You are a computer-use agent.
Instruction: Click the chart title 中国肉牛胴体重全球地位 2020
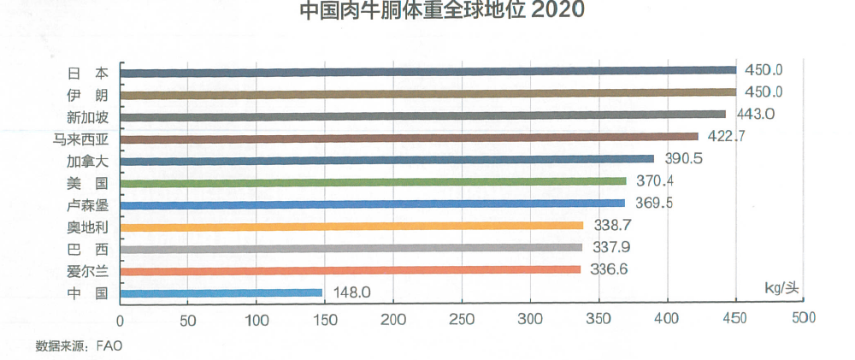442,10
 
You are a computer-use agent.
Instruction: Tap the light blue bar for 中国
221,293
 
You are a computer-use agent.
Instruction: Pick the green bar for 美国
374,181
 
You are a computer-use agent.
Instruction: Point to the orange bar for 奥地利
351,226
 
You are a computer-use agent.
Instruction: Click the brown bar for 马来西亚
410,138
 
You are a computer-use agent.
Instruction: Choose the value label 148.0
351,293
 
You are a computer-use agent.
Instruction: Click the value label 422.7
726,136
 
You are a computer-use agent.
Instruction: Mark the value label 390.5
683,158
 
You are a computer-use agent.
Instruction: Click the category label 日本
87,74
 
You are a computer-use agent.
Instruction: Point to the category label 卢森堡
87,205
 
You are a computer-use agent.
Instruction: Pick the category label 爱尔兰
87,271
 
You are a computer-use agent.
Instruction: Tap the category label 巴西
87,250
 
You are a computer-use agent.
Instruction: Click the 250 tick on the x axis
463,320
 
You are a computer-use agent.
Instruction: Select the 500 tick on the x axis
803,318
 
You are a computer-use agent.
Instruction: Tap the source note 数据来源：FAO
79,346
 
